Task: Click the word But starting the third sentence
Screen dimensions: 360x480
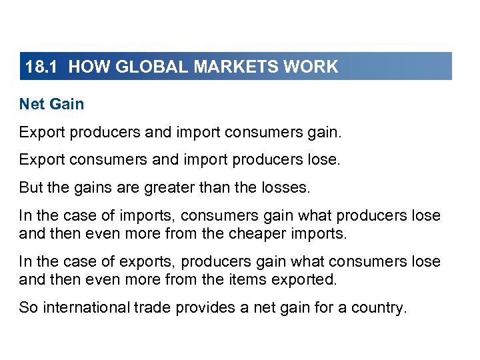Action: tap(31, 188)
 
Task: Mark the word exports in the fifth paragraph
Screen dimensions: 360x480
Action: tap(151, 261)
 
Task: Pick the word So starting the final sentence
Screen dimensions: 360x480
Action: tap(27, 309)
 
